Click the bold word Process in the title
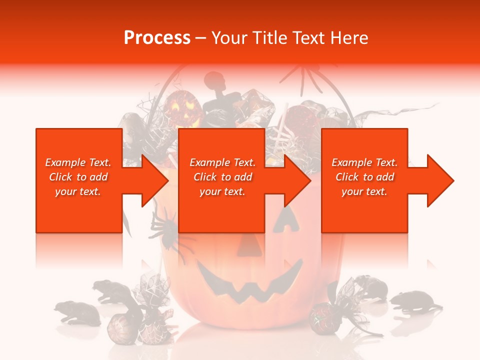tap(157, 38)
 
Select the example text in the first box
tap(78, 177)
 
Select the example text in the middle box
tap(222, 177)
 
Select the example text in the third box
tap(364, 177)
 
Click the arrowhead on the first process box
tap(152, 180)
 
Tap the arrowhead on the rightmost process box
tap(438, 180)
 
